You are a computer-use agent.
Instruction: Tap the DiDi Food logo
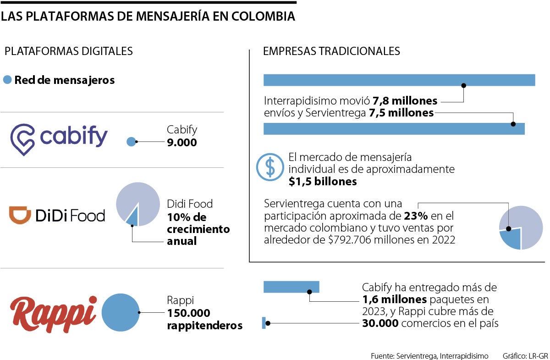tap(57, 215)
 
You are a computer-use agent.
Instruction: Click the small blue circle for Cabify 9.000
tap(131, 142)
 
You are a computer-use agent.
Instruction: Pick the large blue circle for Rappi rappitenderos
tap(120, 312)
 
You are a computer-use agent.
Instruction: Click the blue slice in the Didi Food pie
tap(133, 218)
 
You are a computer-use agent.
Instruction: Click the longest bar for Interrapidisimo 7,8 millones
tap(399, 80)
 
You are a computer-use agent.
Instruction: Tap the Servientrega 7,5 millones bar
tap(394, 129)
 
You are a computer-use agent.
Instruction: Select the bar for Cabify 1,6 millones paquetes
tap(291, 287)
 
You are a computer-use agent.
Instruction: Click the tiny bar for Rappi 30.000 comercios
tap(264, 323)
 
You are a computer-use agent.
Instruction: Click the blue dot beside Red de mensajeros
tap(7, 80)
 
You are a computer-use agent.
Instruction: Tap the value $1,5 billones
tap(323, 182)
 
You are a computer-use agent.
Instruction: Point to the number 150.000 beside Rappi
tap(189, 313)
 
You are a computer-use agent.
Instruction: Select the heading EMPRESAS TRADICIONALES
tap(331, 51)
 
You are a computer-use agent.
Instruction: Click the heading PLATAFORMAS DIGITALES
tap(68, 51)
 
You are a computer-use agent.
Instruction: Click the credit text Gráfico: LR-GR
tap(525, 355)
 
